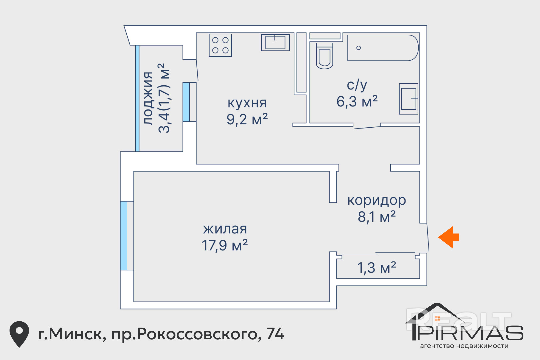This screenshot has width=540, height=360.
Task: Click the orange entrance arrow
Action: tap(448, 237)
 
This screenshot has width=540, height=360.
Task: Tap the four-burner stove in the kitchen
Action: tap(220, 45)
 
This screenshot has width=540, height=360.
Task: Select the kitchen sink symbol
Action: tap(275, 42)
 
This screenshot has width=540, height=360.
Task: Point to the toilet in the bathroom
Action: tap(324, 56)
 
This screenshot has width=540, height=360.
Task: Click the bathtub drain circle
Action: tap(358, 48)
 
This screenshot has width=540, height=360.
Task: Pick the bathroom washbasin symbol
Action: tap(409, 99)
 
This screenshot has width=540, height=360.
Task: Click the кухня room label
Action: tap(247, 103)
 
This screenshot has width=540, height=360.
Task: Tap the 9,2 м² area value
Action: tap(247, 119)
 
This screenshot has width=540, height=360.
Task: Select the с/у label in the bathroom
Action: tap(357, 85)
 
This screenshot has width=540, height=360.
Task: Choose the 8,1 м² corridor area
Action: tap(377, 217)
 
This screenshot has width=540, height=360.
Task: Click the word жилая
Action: tap(225, 229)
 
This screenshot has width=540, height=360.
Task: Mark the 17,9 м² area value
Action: tap(225, 245)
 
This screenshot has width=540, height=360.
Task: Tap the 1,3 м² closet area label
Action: tap(377, 268)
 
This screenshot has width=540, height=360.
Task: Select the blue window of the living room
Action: tap(124, 236)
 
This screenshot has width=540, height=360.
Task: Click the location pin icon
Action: tap(19, 334)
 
